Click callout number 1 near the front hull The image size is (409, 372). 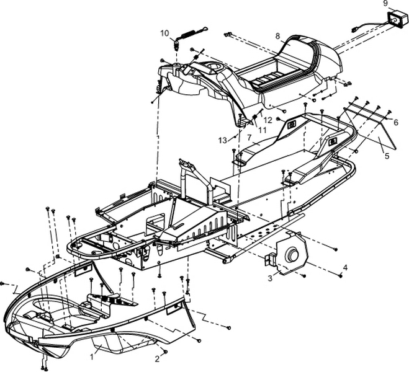92,356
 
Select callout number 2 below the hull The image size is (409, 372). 158,359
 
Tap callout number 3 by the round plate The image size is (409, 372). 269,278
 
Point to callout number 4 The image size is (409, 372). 345,267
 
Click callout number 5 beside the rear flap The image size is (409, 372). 387,156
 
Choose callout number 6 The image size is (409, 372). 395,123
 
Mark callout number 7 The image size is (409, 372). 248,137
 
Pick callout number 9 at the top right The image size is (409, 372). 385,4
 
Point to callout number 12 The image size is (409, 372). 268,120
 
